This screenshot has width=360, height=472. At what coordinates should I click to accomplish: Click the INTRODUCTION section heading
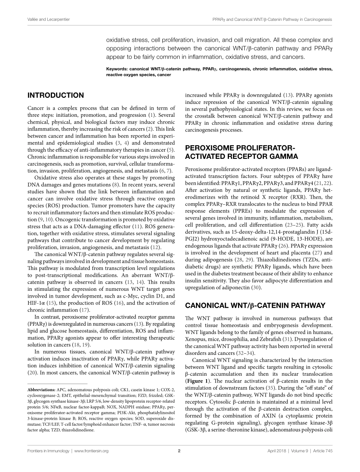click(x=56, y=96)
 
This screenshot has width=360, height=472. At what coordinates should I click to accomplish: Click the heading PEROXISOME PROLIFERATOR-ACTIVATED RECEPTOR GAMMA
click(x=241, y=152)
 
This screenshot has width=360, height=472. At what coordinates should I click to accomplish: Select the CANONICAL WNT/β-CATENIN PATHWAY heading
click(x=255, y=305)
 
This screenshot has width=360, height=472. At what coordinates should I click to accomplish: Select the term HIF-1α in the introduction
click(x=37, y=303)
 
